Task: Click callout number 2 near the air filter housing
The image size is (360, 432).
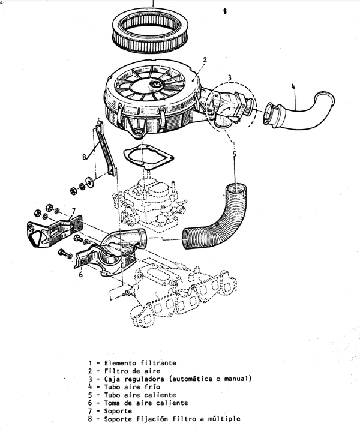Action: tap(205, 60)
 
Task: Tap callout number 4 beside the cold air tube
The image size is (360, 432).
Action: tap(293, 87)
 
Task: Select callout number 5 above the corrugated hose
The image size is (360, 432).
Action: tap(235, 154)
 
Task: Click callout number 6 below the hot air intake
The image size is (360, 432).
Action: tap(80, 274)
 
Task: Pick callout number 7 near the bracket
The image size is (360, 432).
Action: tap(73, 211)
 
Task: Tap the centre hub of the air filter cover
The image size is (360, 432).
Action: tap(156, 85)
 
